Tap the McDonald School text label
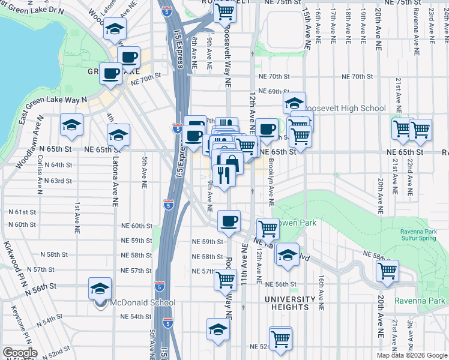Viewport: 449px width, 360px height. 142,303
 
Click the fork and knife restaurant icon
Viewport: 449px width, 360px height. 223,175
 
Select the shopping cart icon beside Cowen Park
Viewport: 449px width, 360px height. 268,228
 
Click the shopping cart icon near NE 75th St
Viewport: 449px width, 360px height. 224,11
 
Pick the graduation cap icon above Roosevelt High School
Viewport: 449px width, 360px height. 294,102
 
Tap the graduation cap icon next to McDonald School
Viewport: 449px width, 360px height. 100,289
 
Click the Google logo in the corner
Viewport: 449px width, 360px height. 20,353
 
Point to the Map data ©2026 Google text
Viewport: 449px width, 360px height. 411,355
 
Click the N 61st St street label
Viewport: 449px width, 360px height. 22,212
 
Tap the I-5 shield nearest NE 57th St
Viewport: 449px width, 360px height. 160,286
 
